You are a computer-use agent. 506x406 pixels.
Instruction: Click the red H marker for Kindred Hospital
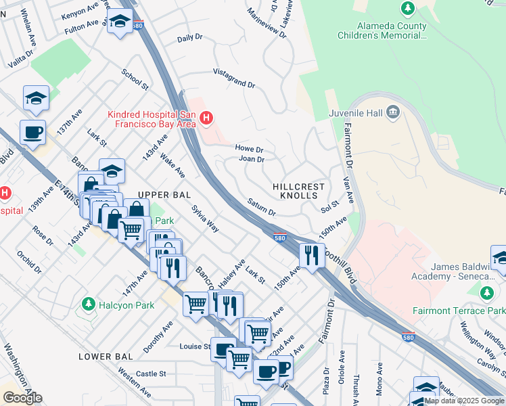pyautogui.click(x=206, y=120)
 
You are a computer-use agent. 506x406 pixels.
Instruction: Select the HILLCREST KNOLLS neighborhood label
pyautogui.click(x=298, y=191)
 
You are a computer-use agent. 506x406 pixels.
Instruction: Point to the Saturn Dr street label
pyautogui.click(x=261, y=207)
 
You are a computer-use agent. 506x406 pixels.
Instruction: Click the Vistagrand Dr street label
pyautogui.click(x=234, y=78)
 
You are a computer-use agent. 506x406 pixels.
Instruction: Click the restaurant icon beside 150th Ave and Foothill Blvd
pyautogui.click(x=311, y=255)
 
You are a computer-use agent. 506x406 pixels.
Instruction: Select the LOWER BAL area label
pyautogui.click(x=103, y=357)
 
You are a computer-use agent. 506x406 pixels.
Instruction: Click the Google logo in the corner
pyautogui.click(x=22, y=397)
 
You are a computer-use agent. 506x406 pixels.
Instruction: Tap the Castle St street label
pyautogui.click(x=151, y=374)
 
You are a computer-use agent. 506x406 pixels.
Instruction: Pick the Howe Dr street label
pyautogui.click(x=249, y=148)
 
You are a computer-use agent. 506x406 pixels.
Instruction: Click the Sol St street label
pyautogui.click(x=330, y=206)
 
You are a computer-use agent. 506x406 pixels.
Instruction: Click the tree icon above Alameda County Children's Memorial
pyautogui.click(x=408, y=8)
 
